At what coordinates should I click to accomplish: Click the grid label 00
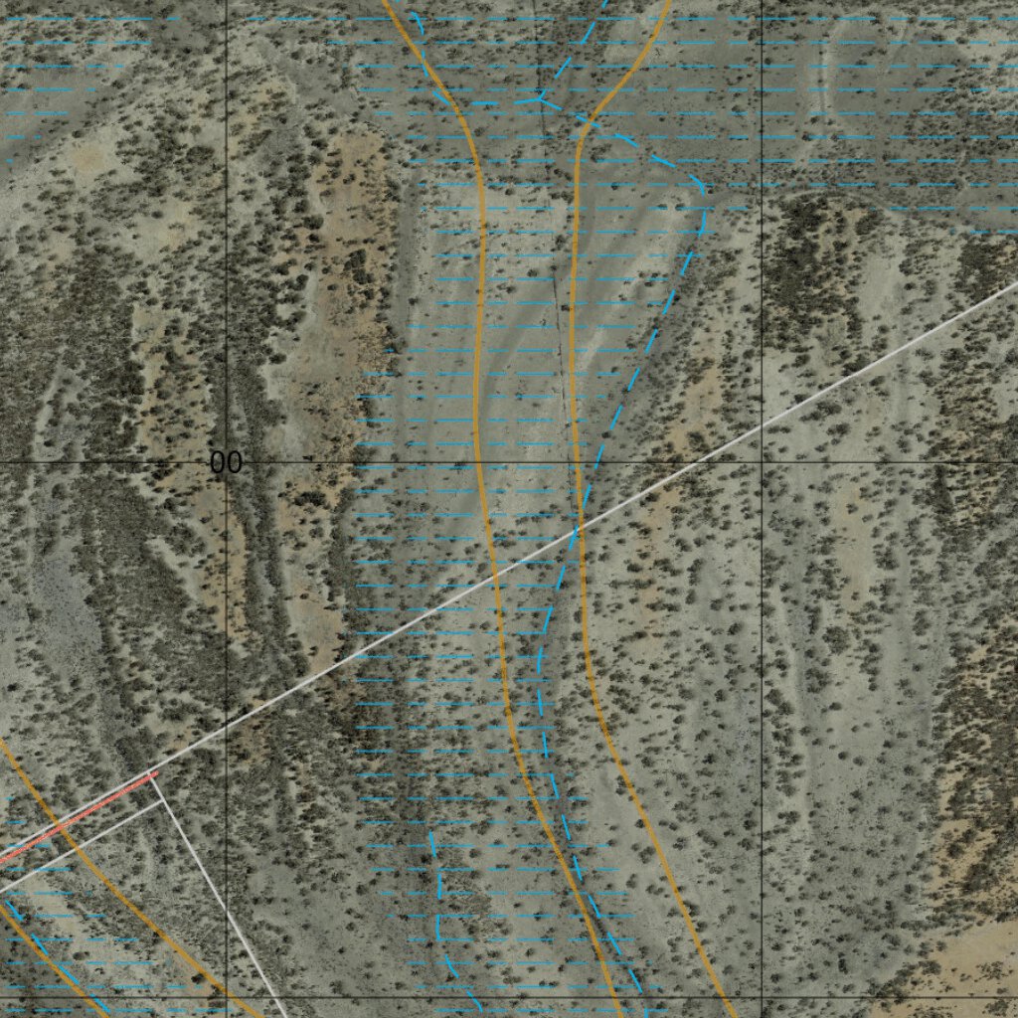(x=227, y=462)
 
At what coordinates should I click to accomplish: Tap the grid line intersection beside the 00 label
(x=227, y=462)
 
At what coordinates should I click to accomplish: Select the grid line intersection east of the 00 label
(x=762, y=462)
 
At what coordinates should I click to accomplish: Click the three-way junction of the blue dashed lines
(x=539, y=98)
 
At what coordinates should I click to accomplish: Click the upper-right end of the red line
(x=156, y=775)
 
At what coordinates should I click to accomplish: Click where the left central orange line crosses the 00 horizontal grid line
(x=478, y=462)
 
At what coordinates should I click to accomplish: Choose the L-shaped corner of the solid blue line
(x=438, y=939)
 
